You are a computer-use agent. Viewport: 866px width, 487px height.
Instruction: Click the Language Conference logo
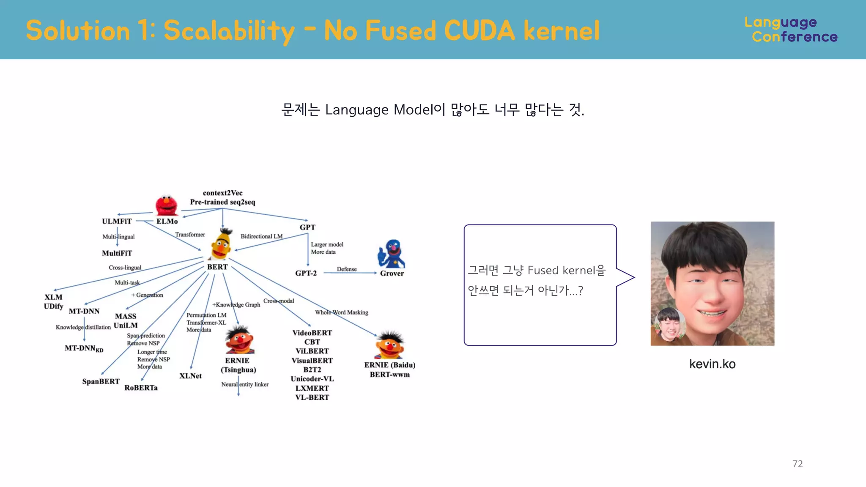[x=791, y=30]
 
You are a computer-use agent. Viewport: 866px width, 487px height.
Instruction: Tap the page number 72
[x=797, y=464]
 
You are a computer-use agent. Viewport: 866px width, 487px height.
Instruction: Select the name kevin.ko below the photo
[x=712, y=364]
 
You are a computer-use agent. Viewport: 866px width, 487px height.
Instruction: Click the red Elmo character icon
[x=166, y=205]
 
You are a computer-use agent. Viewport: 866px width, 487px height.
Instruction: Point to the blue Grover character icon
[x=392, y=254]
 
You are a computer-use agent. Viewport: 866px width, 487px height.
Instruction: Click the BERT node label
[x=217, y=267]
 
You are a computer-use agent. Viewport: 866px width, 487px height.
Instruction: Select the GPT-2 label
[x=306, y=273]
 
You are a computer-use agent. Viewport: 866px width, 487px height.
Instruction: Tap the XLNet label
[x=190, y=376]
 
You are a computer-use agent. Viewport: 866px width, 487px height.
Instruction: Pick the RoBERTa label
[x=141, y=388]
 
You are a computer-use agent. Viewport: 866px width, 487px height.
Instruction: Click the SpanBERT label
[x=101, y=381]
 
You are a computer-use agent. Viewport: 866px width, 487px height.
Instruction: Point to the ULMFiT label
[x=117, y=221]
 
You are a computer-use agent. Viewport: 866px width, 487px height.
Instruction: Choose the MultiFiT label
[x=117, y=253]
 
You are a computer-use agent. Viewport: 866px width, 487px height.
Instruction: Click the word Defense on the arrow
[x=347, y=269]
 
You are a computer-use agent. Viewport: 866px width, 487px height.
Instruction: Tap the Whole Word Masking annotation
[x=341, y=312]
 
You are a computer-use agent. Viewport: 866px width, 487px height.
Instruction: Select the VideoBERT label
[x=312, y=333]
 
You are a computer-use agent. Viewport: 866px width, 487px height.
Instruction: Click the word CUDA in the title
[x=480, y=30]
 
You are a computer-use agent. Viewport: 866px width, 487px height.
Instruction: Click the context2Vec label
[x=222, y=193]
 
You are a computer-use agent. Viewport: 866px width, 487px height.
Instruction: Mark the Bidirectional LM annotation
[x=261, y=236]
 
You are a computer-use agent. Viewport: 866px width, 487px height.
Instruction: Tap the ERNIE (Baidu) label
[x=389, y=365]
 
